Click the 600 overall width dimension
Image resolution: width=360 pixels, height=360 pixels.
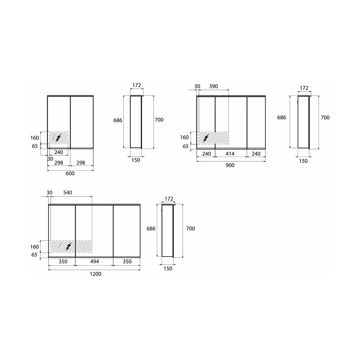pyautogui.click(x=70, y=174)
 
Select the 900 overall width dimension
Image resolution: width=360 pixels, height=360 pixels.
pyautogui.click(x=230, y=165)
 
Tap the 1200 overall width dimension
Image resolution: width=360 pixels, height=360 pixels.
pyautogui.click(x=95, y=274)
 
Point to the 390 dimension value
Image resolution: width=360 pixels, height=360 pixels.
pyautogui.click(x=214, y=86)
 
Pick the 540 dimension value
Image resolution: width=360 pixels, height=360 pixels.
pyautogui.click(x=67, y=193)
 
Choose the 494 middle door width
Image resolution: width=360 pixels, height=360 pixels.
pyautogui.click(x=94, y=262)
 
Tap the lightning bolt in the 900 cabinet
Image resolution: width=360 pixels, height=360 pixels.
pyautogui.click(x=207, y=138)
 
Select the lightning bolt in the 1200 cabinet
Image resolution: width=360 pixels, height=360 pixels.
pyautogui.click(x=69, y=246)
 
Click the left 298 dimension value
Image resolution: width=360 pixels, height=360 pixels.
pyautogui.click(x=58, y=163)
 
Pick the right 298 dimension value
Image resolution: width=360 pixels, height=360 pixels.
pyautogui.click(x=81, y=163)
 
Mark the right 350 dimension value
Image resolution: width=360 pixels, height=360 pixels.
pyautogui.click(x=127, y=262)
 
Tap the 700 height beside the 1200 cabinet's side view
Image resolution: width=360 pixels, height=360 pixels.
pyautogui.click(x=190, y=229)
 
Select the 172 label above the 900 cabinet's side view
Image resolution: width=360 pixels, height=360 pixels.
pyautogui.click(x=304, y=88)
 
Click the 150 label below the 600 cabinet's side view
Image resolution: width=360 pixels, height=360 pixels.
pyautogui.click(x=136, y=160)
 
